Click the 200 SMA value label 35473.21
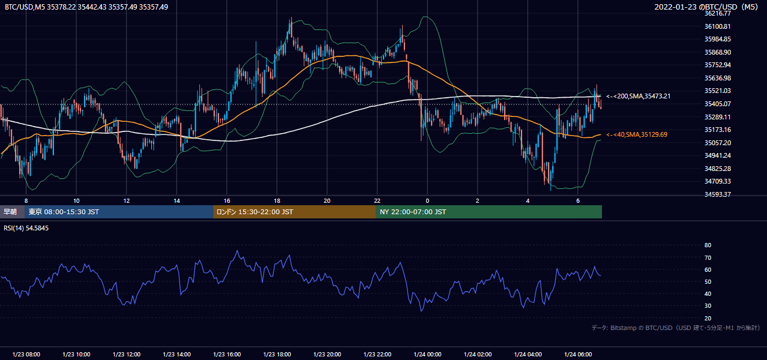638,96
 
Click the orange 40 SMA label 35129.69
637,134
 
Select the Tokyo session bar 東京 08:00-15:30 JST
119,212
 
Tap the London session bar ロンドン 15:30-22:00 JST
295,212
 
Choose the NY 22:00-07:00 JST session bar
489,212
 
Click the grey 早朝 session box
12,212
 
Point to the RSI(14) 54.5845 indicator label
26,228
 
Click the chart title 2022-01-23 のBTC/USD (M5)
706,7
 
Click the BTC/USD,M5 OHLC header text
86,7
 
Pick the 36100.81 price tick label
717,26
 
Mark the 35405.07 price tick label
717,104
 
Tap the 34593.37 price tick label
717,194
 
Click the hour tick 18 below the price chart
277,201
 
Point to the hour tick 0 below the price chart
427,201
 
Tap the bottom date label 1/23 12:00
127,355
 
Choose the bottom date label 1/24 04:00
528,355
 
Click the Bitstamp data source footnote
676,328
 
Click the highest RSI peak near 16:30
237,251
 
